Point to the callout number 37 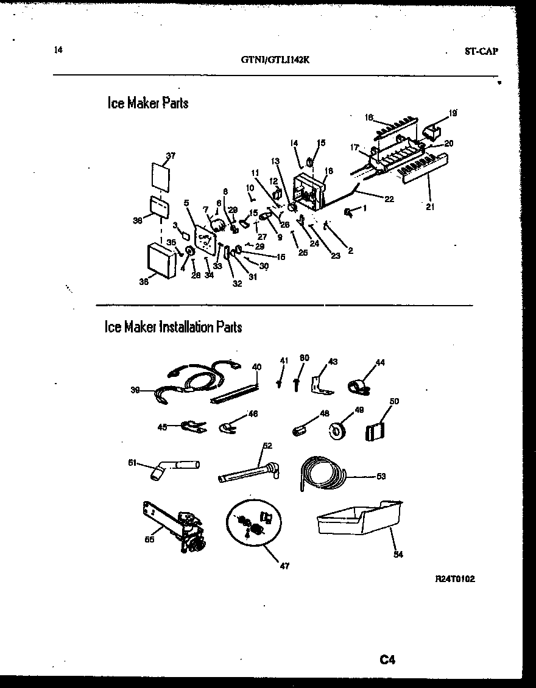pyautogui.click(x=171, y=156)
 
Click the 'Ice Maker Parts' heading pyautogui.click(x=148, y=104)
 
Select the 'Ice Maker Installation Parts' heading pyautogui.click(x=174, y=327)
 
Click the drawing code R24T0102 pyautogui.click(x=455, y=579)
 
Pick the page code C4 pyautogui.click(x=388, y=659)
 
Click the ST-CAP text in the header pyautogui.click(x=481, y=52)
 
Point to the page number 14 pyautogui.click(x=58, y=51)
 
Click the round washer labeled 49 pyautogui.click(x=336, y=430)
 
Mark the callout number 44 pyautogui.click(x=381, y=363)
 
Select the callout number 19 pyautogui.click(x=453, y=112)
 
